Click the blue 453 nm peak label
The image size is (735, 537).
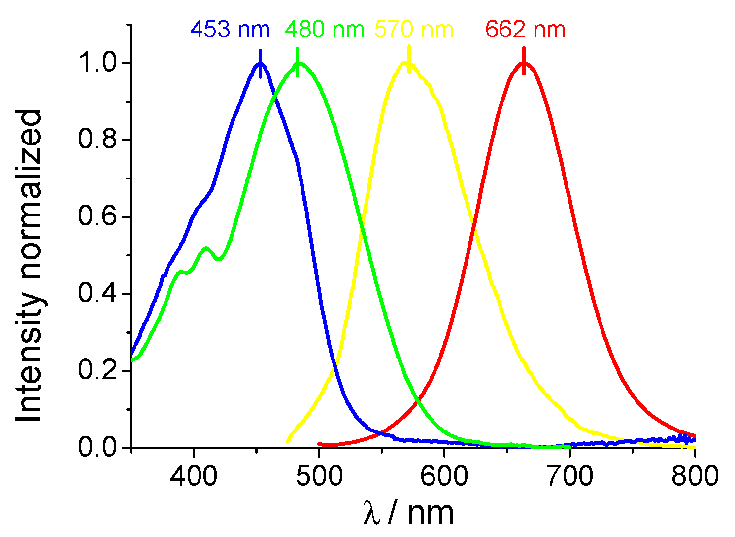coord(230,30)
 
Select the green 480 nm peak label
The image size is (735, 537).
coord(325,30)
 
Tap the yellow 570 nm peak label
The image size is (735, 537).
coord(414,30)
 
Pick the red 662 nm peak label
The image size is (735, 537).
coord(525,30)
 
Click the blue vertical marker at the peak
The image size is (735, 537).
coord(260,64)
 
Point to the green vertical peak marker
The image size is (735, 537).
coord(297,62)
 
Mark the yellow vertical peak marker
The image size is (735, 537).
coord(409,60)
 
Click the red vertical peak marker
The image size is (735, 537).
coord(524,61)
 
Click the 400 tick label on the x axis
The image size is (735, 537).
coord(194,477)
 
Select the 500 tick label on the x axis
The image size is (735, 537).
coord(319,477)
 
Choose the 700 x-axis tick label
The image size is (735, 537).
coord(570,477)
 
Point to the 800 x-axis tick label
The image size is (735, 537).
coord(695,477)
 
